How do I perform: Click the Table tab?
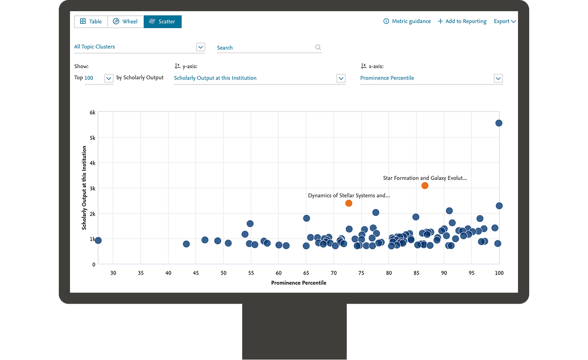(91, 21)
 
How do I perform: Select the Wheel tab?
(126, 21)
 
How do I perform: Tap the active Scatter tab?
(162, 21)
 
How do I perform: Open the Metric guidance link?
(407, 21)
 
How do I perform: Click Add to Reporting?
(462, 21)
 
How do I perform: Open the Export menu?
(504, 21)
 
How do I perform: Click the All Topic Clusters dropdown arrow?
(201, 47)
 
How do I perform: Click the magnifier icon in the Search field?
(318, 48)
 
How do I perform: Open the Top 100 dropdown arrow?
(109, 78)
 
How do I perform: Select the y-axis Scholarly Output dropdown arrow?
(341, 78)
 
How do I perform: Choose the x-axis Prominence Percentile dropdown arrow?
(498, 78)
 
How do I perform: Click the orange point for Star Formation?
(425, 186)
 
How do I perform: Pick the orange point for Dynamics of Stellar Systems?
(349, 203)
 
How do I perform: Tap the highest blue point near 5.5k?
(499, 123)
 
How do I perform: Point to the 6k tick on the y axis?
(92, 112)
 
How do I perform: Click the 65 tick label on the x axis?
(306, 273)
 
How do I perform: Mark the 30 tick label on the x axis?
(113, 273)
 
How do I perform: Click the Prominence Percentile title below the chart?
(299, 283)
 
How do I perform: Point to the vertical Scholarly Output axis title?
(84, 188)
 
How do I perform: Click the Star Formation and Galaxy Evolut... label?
(425, 178)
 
